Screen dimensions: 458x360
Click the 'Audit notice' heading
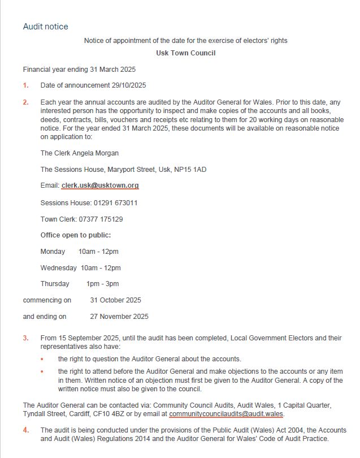pos(45,27)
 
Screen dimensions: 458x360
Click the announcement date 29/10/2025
pos(128,86)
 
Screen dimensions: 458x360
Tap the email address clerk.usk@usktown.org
pos(100,185)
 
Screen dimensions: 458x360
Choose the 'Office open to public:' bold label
pos(76,235)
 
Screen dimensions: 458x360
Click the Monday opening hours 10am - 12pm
pos(98,252)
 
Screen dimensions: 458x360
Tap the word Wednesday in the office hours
pos(58,267)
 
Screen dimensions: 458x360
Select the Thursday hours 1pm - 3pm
pos(102,284)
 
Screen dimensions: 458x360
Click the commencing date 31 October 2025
pos(116,300)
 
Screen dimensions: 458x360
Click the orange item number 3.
pos(25,338)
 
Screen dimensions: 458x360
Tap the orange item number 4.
pos(25,430)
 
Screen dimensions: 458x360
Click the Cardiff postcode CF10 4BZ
pos(116,414)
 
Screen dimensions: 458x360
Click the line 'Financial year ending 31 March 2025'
pos(79,70)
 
